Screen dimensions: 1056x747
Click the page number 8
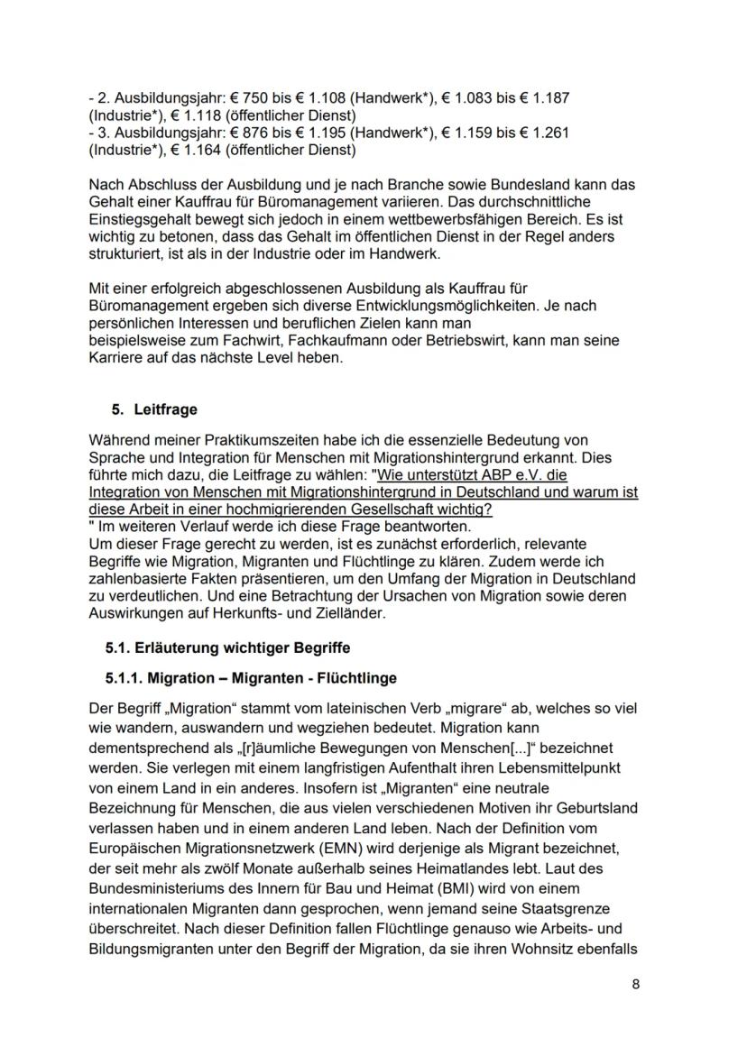pos(636,984)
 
